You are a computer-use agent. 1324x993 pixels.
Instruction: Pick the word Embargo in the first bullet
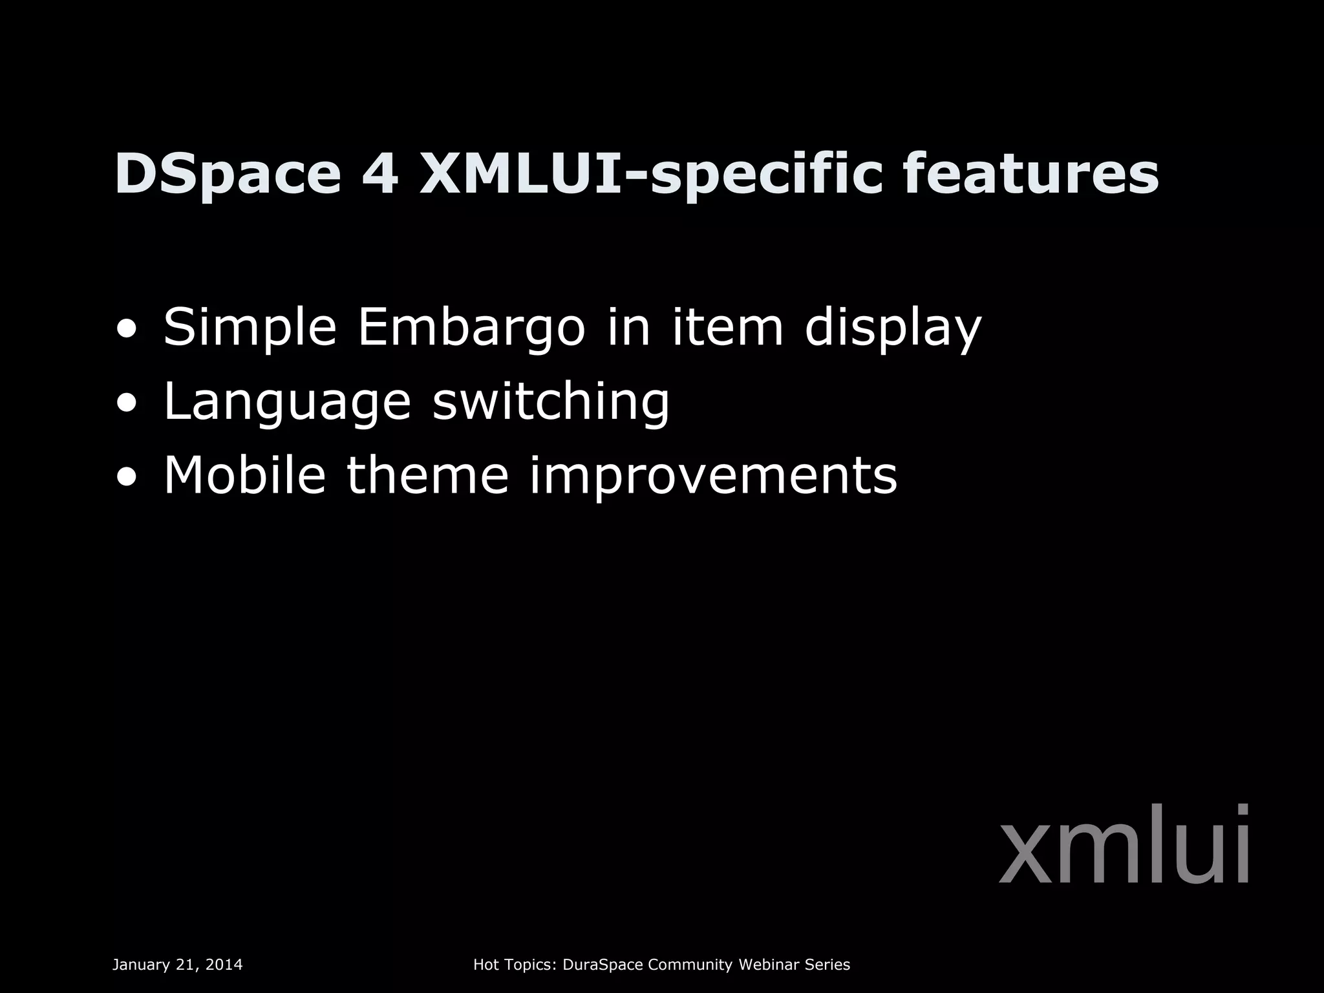[x=471, y=327]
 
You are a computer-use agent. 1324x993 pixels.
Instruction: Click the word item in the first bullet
[x=727, y=327]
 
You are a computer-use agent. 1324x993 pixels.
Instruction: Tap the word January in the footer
[x=140, y=965]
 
